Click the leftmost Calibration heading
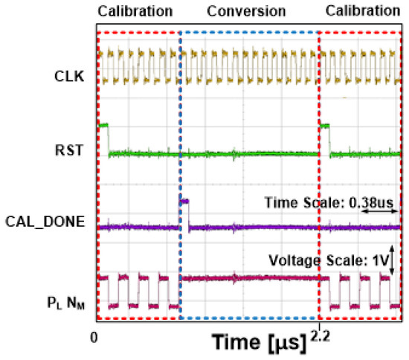coord(135,12)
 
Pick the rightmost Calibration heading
coord(363,12)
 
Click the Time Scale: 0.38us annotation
coord(335,201)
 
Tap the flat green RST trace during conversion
coord(249,154)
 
